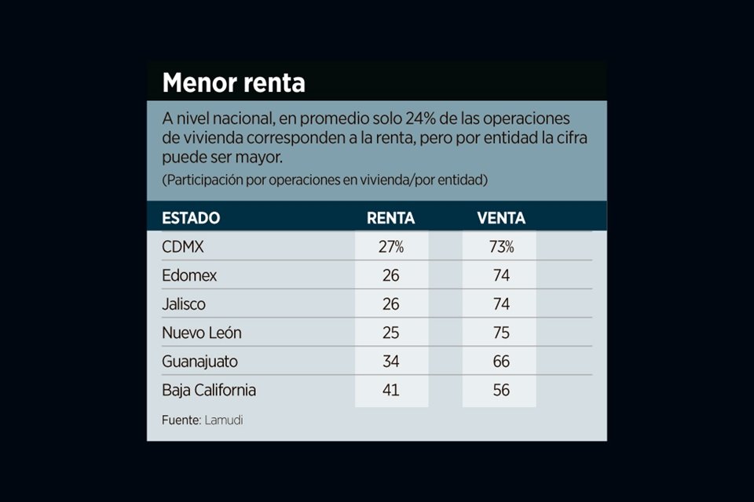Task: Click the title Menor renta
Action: point(233,82)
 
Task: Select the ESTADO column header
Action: point(191,218)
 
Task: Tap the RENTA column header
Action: point(391,218)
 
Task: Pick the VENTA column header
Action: point(501,218)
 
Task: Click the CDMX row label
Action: point(183,247)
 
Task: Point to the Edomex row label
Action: point(189,276)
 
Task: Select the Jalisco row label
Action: point(184,304)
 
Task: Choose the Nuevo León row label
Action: point(202,333)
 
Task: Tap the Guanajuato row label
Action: point(199,362)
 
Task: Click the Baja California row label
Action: point(209,390)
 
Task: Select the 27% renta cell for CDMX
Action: point(391,247)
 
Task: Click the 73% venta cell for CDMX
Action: point(501,247)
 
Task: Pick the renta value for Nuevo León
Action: point(391,333)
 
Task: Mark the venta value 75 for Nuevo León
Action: point(501,333)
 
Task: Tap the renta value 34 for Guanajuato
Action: point(391,362)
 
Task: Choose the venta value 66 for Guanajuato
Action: point(501,362)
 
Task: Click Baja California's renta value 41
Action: point(391,390)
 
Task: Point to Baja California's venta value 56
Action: point(501,390)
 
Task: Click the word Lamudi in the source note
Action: point(224,420)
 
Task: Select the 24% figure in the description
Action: point(423,118)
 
